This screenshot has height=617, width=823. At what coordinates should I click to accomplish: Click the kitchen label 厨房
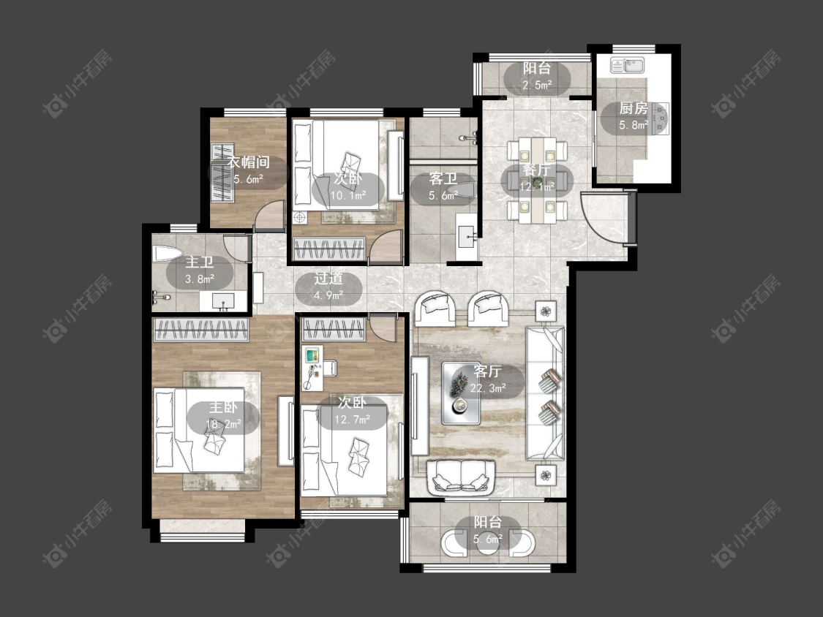633,109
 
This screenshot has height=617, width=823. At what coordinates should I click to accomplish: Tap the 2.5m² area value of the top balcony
536,85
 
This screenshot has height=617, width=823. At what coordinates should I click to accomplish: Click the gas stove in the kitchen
661,119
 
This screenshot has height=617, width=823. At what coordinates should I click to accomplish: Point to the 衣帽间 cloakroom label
248,162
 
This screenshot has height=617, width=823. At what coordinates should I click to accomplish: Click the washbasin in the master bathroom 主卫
224,300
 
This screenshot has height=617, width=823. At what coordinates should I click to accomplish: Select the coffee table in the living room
462,393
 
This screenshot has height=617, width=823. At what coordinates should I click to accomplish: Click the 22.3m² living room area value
488,388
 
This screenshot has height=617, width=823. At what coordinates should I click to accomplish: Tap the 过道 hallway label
328,279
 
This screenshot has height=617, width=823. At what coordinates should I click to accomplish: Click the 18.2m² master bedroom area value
224,423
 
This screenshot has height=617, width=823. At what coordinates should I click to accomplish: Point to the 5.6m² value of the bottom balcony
488,539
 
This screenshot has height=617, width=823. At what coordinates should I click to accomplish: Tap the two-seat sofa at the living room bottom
462,477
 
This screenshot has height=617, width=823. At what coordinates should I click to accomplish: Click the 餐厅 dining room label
536,170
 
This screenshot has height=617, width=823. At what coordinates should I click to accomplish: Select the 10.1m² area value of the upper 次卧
348,196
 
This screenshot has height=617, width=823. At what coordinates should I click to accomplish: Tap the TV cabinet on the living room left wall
420,406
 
